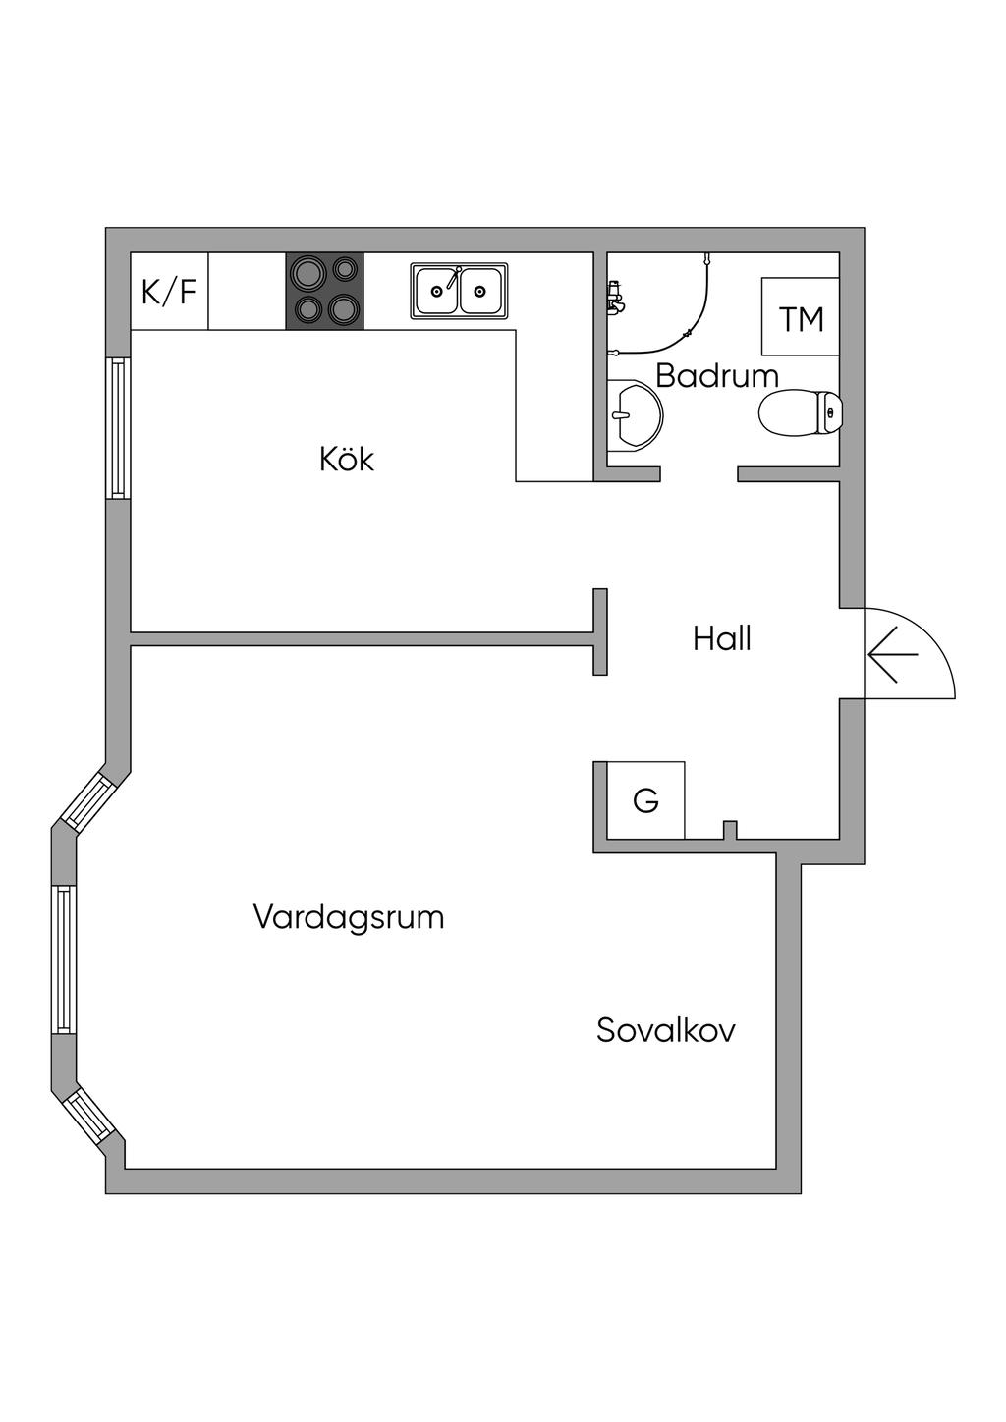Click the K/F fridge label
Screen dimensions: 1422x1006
(x=169, y=292)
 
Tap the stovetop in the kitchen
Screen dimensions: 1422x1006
(x=325, y=292)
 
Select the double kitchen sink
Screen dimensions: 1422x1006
(x=459, y=291)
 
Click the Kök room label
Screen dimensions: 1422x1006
(x=347, y=459)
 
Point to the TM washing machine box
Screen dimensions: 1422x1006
(x=801, y=317)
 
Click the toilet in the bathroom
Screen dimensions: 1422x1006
(x=801, y=413)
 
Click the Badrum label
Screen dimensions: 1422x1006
(x=717, y=375)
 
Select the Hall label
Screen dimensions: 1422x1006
(x=722, y=638)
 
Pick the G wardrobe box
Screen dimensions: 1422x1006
(x=645, y=800)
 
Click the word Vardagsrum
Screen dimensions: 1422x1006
(x=349, y=917)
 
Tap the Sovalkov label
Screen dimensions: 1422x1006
(x=666, y=1030)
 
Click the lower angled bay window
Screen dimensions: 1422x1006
(x=88, y=1114)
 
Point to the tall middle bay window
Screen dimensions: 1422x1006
(x=64, y=958)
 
